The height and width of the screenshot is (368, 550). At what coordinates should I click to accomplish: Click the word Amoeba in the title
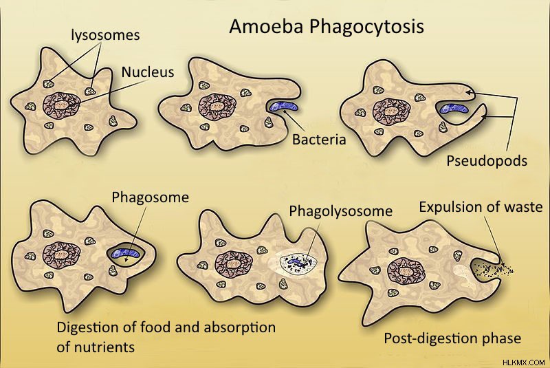(x=265, y=26)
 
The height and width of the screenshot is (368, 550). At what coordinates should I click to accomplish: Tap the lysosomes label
(x=106, y=36)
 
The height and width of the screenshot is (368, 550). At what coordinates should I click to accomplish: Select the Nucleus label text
(x=148, y=72)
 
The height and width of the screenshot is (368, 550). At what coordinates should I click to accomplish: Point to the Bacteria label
(x=319, y=140)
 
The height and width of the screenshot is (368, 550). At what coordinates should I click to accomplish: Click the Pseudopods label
(x=487, y=161)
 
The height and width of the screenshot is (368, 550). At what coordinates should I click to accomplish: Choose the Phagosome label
(x=150, y=197)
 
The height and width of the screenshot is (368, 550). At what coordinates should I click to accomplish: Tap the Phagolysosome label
(x=340, y=211)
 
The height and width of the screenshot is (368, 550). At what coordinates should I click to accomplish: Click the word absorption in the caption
(x=239, y=327)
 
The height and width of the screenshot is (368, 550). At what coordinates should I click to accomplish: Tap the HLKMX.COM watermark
(x=524, y=362)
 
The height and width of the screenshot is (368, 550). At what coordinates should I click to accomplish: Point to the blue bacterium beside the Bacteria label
(x=284, y=106)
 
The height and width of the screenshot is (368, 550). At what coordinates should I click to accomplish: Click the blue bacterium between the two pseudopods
(x=454, y=109)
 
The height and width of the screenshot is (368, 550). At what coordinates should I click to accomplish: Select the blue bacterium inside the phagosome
(x=126, y=254)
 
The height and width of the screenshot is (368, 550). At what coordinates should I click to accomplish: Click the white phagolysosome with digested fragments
(x=298, y=262)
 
